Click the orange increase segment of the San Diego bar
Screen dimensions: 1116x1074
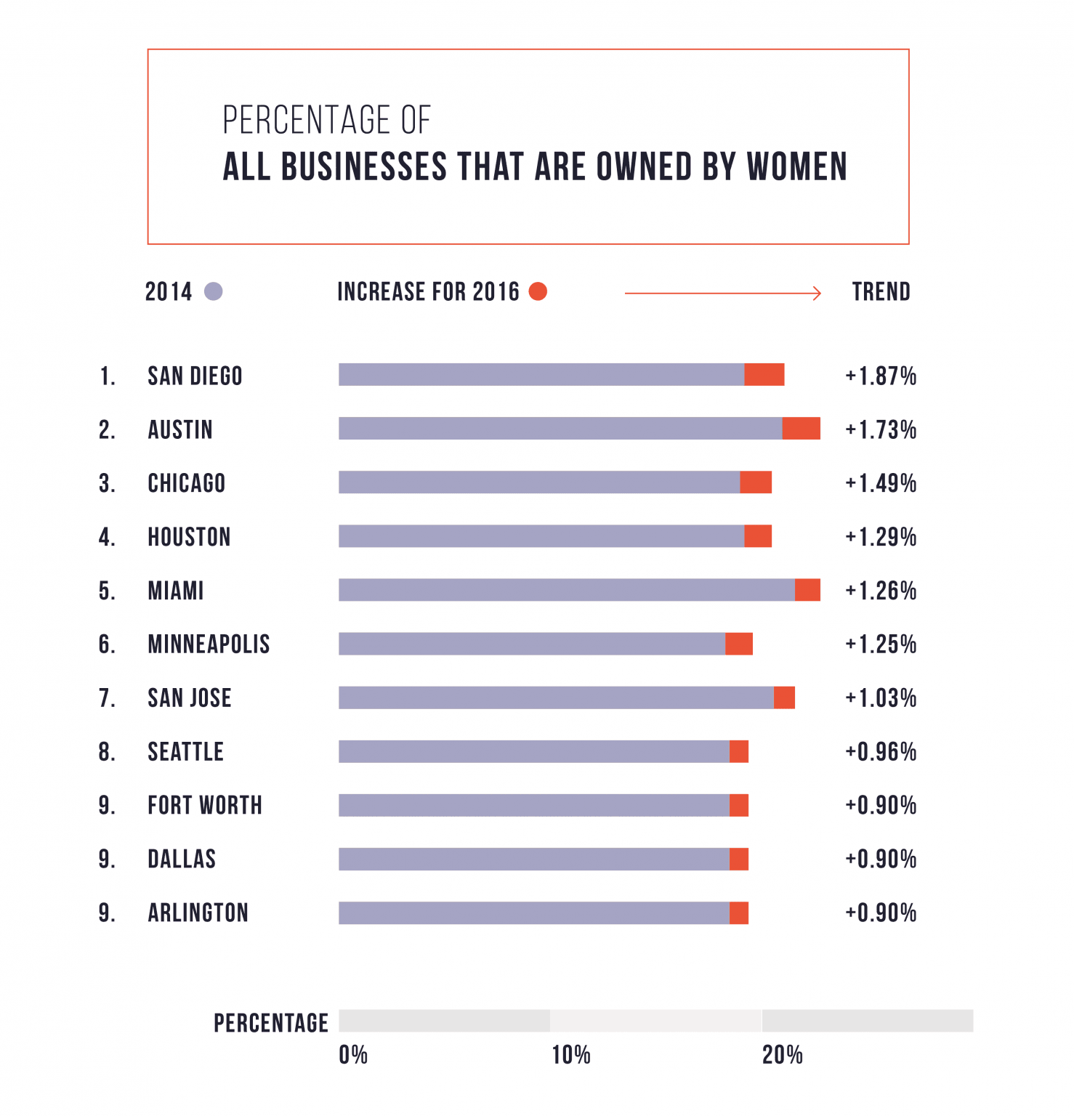pos(764,375)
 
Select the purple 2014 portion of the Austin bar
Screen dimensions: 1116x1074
pos(560,429)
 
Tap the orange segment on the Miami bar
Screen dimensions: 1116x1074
pos(807,590)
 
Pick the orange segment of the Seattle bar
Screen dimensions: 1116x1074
pos(739,751)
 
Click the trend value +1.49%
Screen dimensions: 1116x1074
pos(881,483)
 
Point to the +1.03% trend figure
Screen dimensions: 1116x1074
pos(881,698)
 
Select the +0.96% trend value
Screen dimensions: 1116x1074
pos(881,752)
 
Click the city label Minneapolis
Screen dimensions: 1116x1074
pos(209,644)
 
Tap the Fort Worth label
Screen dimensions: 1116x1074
pos(205,806)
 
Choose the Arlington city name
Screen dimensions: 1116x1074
pos(198,913)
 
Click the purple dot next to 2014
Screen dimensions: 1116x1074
pos(214,291)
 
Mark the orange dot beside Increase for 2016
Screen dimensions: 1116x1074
pos(538,291)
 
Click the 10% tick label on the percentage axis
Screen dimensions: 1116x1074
pos(570,1055)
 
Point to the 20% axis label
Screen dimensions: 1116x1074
pos(782,1055)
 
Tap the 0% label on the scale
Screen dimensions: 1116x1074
pos(353,1055)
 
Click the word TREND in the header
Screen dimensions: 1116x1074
pos(881,292)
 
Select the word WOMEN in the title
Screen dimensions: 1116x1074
pos(797,167)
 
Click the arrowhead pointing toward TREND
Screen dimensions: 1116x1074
pos(817,293)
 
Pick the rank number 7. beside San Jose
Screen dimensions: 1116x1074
pos(107,698)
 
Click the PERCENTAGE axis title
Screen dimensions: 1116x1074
pos(270,1023)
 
